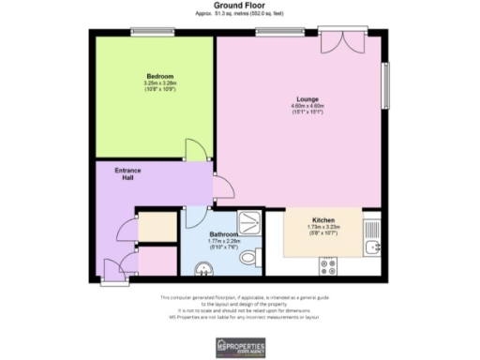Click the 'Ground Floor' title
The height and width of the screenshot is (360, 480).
point(239,6)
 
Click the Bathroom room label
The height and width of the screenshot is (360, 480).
point(223,234)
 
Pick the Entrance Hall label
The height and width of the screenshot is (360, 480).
point(127,174)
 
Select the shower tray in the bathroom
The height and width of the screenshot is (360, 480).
point(251,222)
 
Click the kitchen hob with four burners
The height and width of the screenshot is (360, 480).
point(330,266)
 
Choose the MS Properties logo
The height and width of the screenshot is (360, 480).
point(240,346)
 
